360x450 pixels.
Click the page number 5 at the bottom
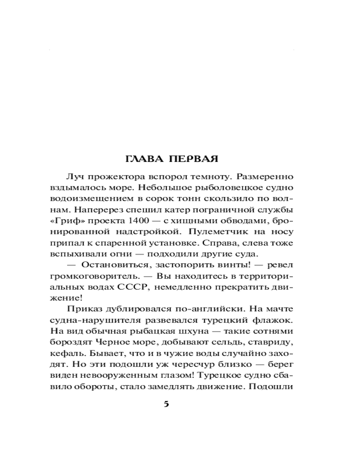pyautogui.click(x=166, y=404)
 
